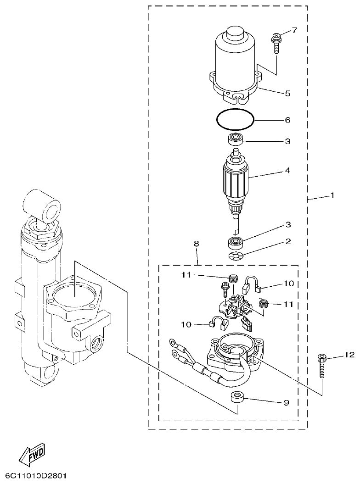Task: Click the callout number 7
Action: (294, 30)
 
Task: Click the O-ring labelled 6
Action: (235, 120)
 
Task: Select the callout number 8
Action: (197, 244)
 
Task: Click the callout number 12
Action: (349, 355)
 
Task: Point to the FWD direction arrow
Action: (32, 455)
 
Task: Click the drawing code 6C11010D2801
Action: (36, 475)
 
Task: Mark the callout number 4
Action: (287, 170)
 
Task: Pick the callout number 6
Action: (287, 120)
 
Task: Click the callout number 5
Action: (287, 93)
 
